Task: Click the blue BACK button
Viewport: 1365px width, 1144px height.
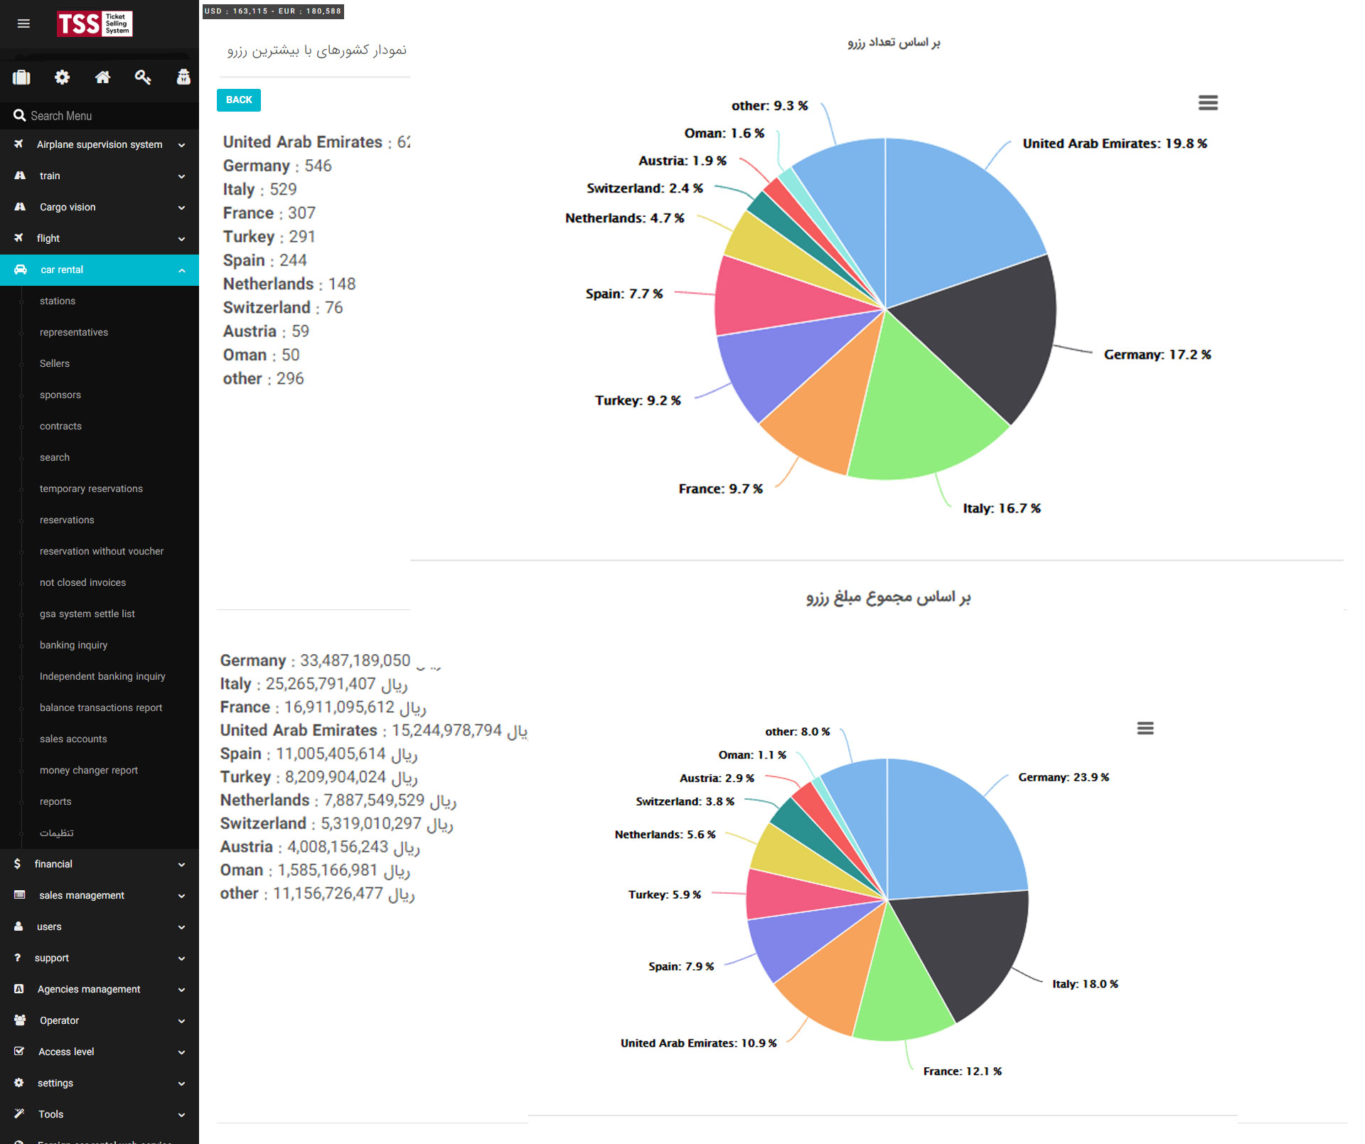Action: [239, 100]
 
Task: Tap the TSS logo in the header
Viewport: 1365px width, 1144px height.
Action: [95, 24]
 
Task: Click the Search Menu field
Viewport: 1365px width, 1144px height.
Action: [100, 116]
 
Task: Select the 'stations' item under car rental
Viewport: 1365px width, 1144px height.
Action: [58, 301]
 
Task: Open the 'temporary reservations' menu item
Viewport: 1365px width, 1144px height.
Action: [91, 488]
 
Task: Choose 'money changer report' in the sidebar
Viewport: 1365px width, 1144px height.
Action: [89, 770]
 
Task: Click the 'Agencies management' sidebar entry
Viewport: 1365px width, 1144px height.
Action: [89, 989]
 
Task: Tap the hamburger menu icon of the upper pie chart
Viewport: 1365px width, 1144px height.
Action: [1208, 103]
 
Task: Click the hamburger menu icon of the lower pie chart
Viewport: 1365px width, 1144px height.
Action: [1145, 728]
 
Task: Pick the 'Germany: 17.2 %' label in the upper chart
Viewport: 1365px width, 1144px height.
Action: [1157, 355]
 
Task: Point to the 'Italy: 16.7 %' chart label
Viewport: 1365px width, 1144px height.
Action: [1001, 508]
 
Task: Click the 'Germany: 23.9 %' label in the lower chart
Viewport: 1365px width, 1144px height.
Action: [1063, 778]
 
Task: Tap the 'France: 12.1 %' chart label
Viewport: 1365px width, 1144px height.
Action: [962, 1071]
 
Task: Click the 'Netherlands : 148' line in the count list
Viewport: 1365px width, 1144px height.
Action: [289, 284]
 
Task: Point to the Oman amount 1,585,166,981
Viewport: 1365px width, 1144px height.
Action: [327, 870]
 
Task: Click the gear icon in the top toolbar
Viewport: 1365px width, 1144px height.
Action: [63, 77]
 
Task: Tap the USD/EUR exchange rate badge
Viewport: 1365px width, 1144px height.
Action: [273, 11]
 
